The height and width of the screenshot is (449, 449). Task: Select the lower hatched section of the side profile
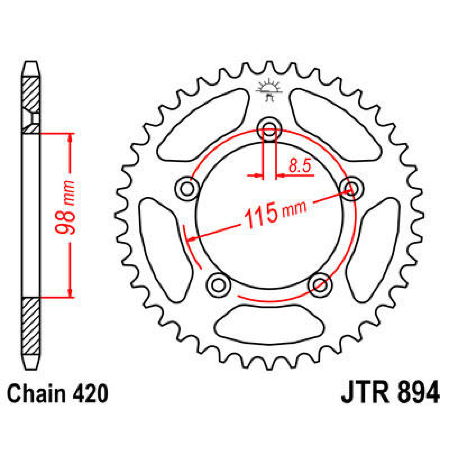pyautogui.click(x=31, y=326)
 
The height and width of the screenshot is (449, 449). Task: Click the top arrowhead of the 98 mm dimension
pyautogui.click(x=70, y=138)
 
